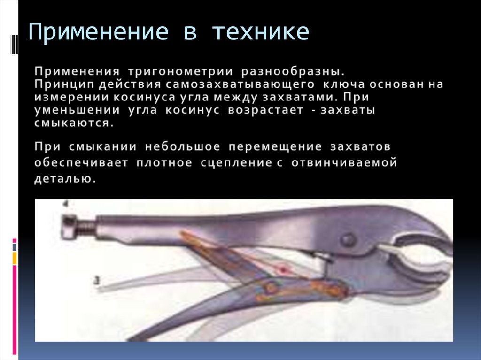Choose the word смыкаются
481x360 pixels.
click(x=73, y=124)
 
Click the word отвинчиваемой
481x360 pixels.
click(x=344, y=163)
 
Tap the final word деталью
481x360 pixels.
click(x=65, y=179)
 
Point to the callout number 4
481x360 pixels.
click(x=66, y=205)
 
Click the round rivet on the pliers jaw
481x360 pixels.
click(x=348, y=240)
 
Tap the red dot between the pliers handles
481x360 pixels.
click(x=283, y=270)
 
